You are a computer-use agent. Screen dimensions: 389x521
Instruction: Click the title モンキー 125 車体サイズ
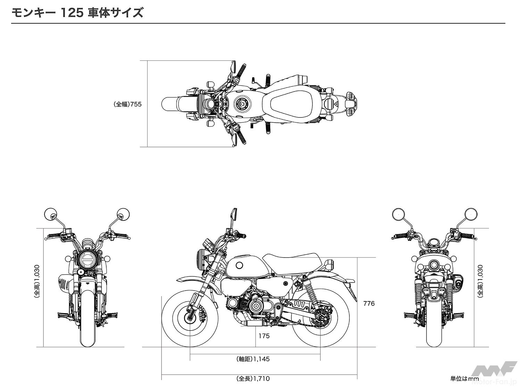click(77, 13)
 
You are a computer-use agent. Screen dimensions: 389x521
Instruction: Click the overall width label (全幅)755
click(127, 104)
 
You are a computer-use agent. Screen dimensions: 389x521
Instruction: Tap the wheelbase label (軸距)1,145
click(253, 359)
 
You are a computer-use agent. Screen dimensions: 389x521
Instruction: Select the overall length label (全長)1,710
click(253, 379)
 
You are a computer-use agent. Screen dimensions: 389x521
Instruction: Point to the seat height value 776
click(369, 303)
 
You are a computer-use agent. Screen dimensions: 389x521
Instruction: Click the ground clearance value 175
click(264, 336)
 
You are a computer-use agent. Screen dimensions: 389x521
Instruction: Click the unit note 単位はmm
click(464, 379)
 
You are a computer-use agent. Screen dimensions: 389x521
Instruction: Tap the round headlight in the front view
click(87, 260)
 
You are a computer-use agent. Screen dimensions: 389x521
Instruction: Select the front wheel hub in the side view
click(190, 316)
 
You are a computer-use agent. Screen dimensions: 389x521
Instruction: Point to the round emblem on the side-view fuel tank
click(239, 266)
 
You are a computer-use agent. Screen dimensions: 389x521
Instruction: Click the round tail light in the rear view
click(434, 266)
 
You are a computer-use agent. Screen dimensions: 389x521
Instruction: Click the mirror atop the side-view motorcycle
click(234, 214)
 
